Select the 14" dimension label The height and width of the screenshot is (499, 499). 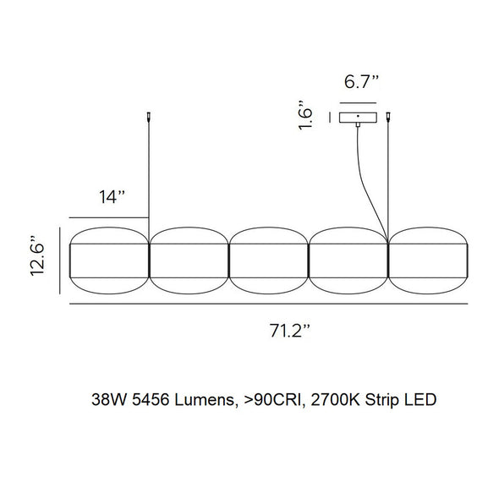(x=111, y=197)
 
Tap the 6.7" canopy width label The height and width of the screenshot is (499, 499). (x=360, y=83)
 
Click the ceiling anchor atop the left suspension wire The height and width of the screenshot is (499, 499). (x=149, y=117)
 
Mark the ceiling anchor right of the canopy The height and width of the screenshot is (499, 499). (x=388, y=118)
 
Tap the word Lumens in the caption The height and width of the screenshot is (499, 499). (x=203, y=398)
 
